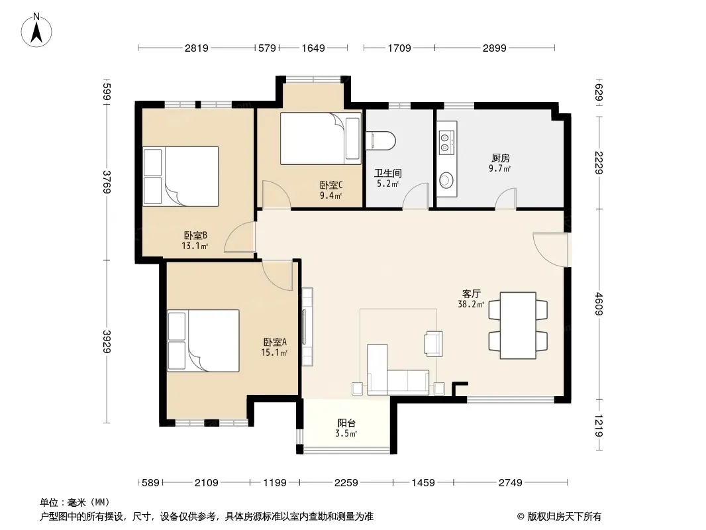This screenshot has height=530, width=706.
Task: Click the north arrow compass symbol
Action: pos(36,30)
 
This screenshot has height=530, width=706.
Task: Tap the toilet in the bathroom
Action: pos(380,140)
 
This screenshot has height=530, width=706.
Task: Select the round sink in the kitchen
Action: pos(446,180)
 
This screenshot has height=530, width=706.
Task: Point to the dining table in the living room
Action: pos(518,325)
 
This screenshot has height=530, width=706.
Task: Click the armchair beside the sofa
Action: pos(433,344)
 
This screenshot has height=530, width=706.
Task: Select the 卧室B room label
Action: pos(195,235)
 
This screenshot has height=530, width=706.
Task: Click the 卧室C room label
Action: pos(331,185)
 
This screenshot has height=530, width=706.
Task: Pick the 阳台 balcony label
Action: pos(346,423)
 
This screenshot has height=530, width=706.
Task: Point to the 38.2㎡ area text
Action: pos(471,304)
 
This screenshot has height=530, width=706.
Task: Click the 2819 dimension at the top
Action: pos(196,48)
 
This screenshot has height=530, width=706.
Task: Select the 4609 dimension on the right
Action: pos(599,303)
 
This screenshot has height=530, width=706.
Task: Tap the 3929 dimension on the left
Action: pos(107,341)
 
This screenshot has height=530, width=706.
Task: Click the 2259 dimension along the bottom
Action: pos(346,483)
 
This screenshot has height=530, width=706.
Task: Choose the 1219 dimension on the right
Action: pos(599,425)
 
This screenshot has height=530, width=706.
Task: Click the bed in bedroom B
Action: pos(181,176)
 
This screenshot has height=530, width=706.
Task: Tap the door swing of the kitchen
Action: pos(505,199)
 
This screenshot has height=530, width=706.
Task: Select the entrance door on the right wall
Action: pos(551,250)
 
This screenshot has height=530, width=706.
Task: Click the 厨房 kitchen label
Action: pos(500,158)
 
